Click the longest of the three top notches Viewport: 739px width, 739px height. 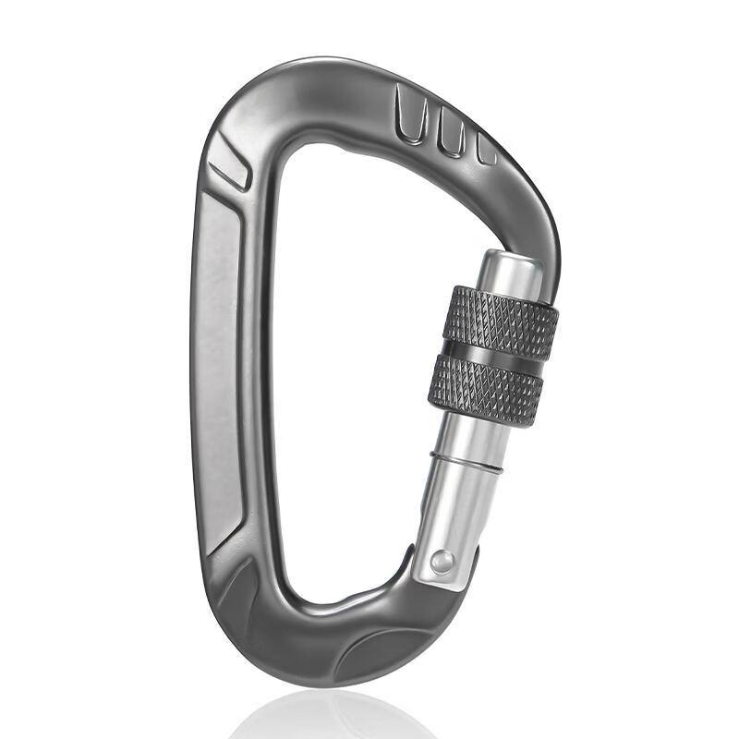(x=410, y=115)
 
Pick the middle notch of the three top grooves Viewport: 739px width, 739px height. (x=451, y=132)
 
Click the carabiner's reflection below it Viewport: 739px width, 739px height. (x=333, y=716)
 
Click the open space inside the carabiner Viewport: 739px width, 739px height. (x=351, y=369)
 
